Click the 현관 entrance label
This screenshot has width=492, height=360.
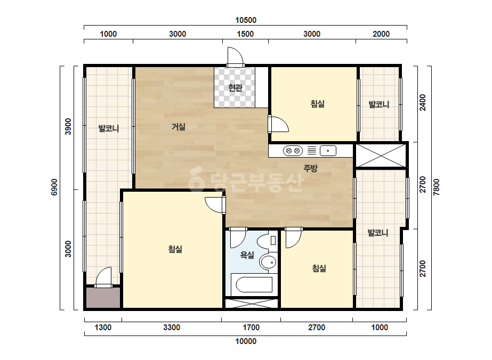235,87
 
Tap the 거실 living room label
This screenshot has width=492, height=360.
178,127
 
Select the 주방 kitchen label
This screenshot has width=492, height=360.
310,168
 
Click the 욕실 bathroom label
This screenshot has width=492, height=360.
247,255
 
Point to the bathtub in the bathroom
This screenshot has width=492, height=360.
254,284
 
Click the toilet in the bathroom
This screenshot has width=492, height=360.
268,241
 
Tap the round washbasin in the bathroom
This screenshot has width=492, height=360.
268,262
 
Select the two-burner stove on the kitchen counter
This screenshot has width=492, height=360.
293,151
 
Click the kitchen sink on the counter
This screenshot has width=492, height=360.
328,151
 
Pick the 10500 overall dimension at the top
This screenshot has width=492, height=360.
246,20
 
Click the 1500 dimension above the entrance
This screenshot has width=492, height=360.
245,34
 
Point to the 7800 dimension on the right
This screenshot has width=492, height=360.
436,187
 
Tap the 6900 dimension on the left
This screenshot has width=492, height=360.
54,187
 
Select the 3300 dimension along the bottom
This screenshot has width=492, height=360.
172,328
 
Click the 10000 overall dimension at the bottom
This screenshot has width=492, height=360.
246,341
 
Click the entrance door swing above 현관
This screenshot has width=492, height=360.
235,57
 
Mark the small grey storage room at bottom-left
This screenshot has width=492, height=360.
103,297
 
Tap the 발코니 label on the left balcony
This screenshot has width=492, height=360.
109,128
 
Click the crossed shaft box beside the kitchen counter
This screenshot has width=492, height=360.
380,156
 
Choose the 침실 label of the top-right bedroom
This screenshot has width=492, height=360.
317,104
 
